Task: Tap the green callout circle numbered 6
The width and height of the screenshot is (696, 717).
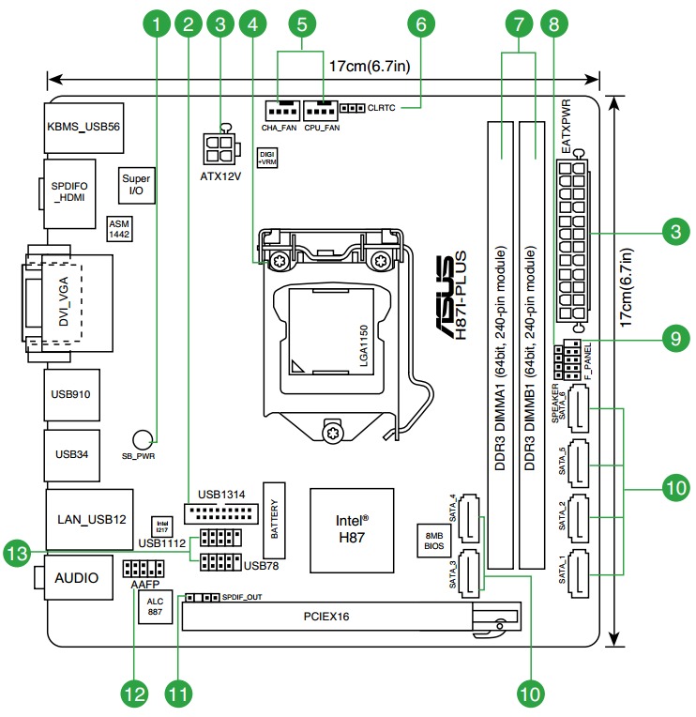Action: pos(421,22)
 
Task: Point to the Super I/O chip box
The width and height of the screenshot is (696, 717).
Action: pos(134,185)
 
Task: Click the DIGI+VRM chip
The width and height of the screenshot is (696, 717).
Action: pos(267,157)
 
